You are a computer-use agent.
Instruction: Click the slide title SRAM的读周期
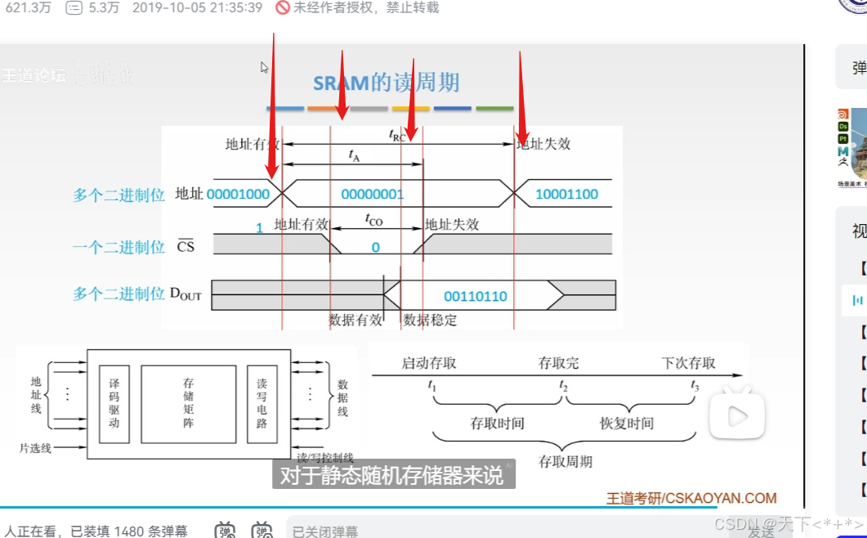coord(387,83)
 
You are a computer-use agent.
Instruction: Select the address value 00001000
coord(238,195)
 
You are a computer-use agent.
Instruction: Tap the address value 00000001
coord(372,195)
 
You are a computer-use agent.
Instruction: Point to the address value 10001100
coord(566,195)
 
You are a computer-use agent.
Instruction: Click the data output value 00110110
coord(475,296)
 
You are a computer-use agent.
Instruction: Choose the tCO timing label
coord(373,221)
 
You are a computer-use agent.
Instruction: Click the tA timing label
coord(354,155)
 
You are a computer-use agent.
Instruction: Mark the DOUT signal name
coord(185,294)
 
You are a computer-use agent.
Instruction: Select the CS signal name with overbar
coord(186,245)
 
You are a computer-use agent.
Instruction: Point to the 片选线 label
coord(35,448)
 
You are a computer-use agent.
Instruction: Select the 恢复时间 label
coord(626,424)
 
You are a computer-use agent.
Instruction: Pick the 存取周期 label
coord(565,461)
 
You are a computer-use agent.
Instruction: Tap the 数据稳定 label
coord(431,321)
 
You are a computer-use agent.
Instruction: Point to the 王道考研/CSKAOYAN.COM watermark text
coord(690,498)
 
